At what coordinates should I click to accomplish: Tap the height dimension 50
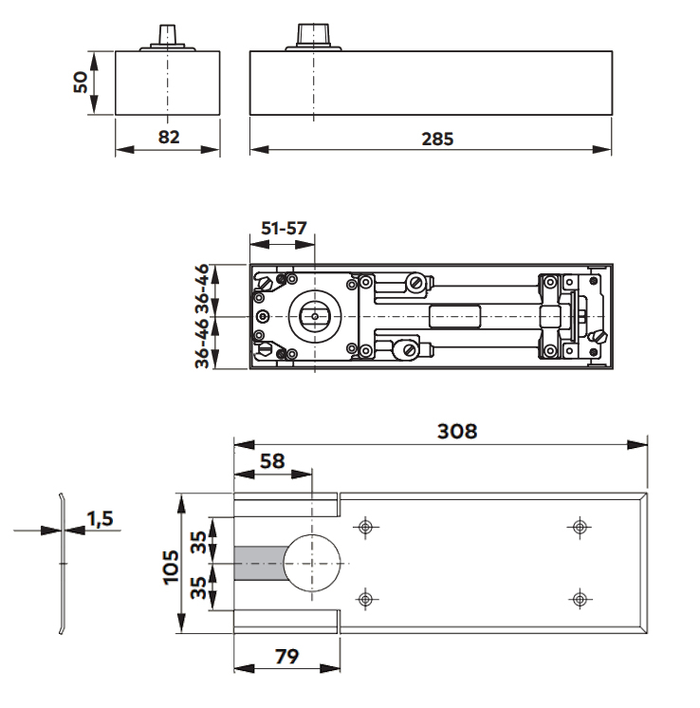83,82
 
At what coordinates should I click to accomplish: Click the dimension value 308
451,430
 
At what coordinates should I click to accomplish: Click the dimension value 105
172,566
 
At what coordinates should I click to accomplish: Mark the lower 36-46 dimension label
202,344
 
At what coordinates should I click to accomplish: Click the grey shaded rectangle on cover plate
258,564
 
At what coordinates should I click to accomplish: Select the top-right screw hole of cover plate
578,527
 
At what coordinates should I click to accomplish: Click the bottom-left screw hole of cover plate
364,598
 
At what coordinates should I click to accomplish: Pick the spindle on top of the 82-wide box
167,35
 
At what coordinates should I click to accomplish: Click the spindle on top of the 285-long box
311,33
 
